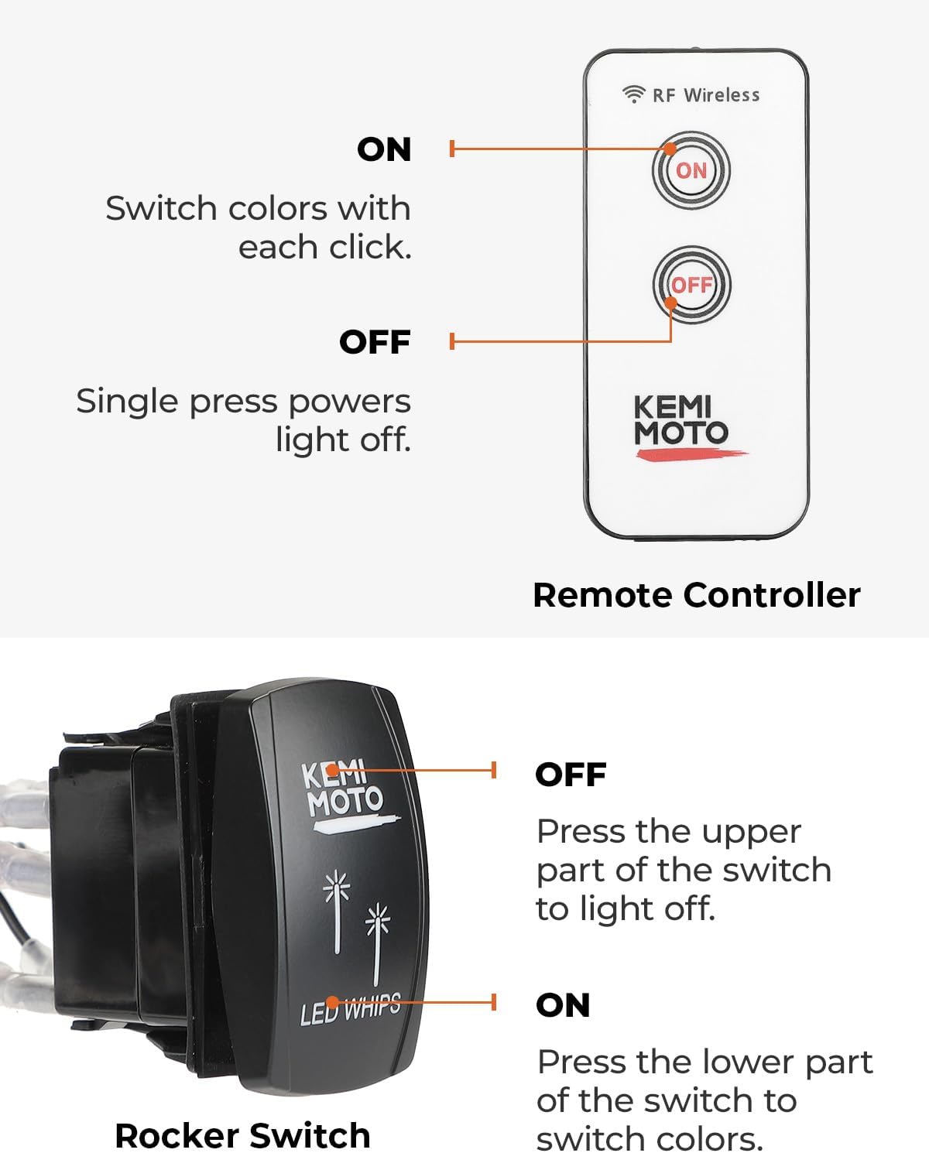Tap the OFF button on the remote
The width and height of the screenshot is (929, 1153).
pyautogui.click(x=691, y=285)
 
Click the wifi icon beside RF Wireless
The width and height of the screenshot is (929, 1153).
pyautogui.click(x=633, y=94)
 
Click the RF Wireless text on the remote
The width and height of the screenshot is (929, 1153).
pyautogui.click(x=706, y=95)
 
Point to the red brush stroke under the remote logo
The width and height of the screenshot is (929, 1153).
pyautogui.click(x=691, y=454)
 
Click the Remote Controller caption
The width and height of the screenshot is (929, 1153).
pyautogui.click(x=696, y=595)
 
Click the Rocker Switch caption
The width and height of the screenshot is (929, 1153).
pyautogui.click(x=243, y=1135)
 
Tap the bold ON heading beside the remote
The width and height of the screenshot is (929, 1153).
pyautogui.click(x=384, y=149)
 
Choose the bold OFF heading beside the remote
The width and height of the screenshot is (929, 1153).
pyautogui.click(x=375, y=342)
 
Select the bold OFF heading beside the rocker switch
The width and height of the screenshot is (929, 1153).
pyautogui.click(x=571, y=774)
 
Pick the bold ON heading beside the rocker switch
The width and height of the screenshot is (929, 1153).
pyautogui.click(x=563, y=1005)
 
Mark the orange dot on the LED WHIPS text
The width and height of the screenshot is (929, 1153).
pyautogui.click(x=332, y=1001)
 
